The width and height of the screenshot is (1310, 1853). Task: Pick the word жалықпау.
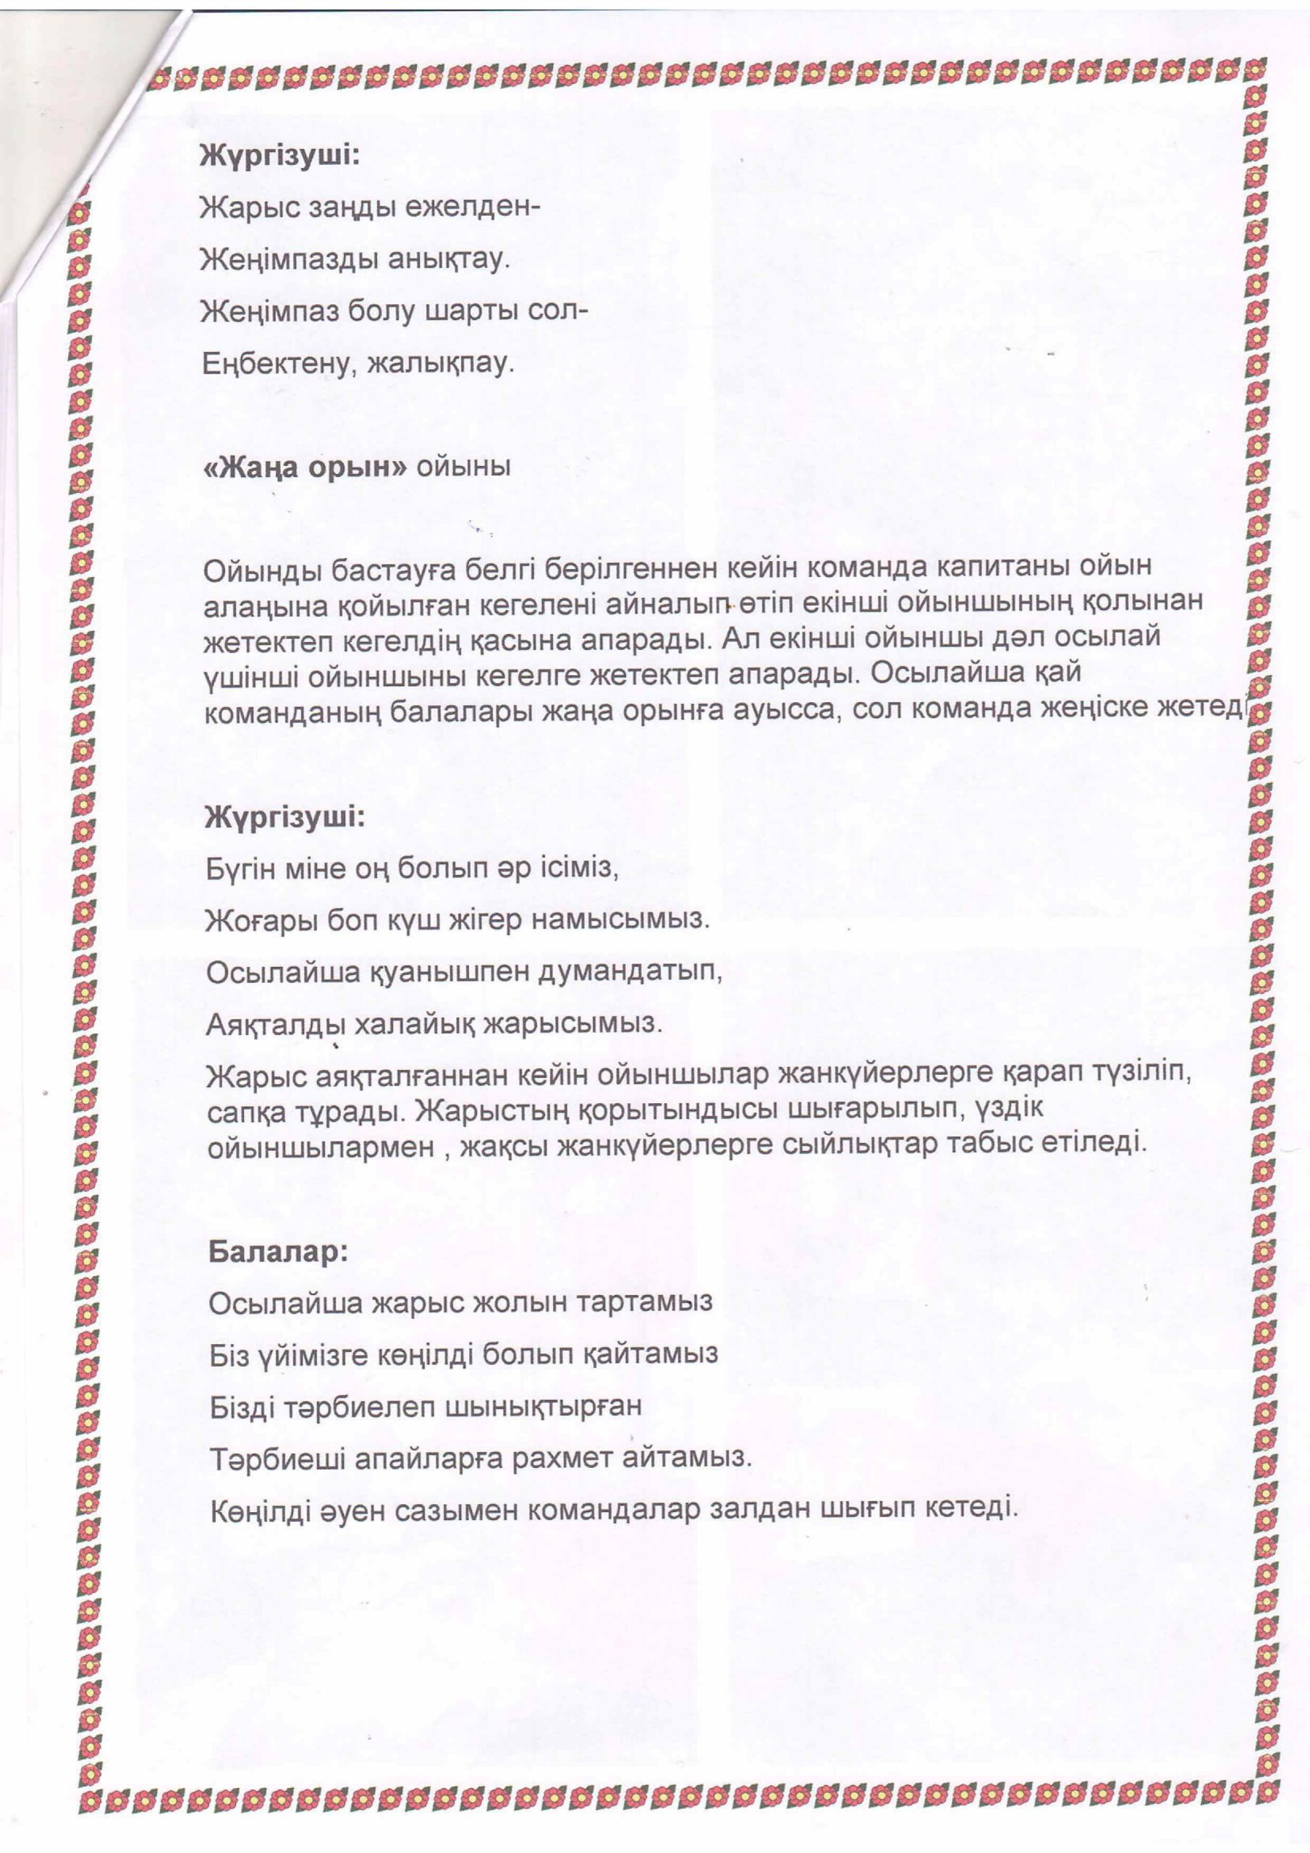pos(441,364)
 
